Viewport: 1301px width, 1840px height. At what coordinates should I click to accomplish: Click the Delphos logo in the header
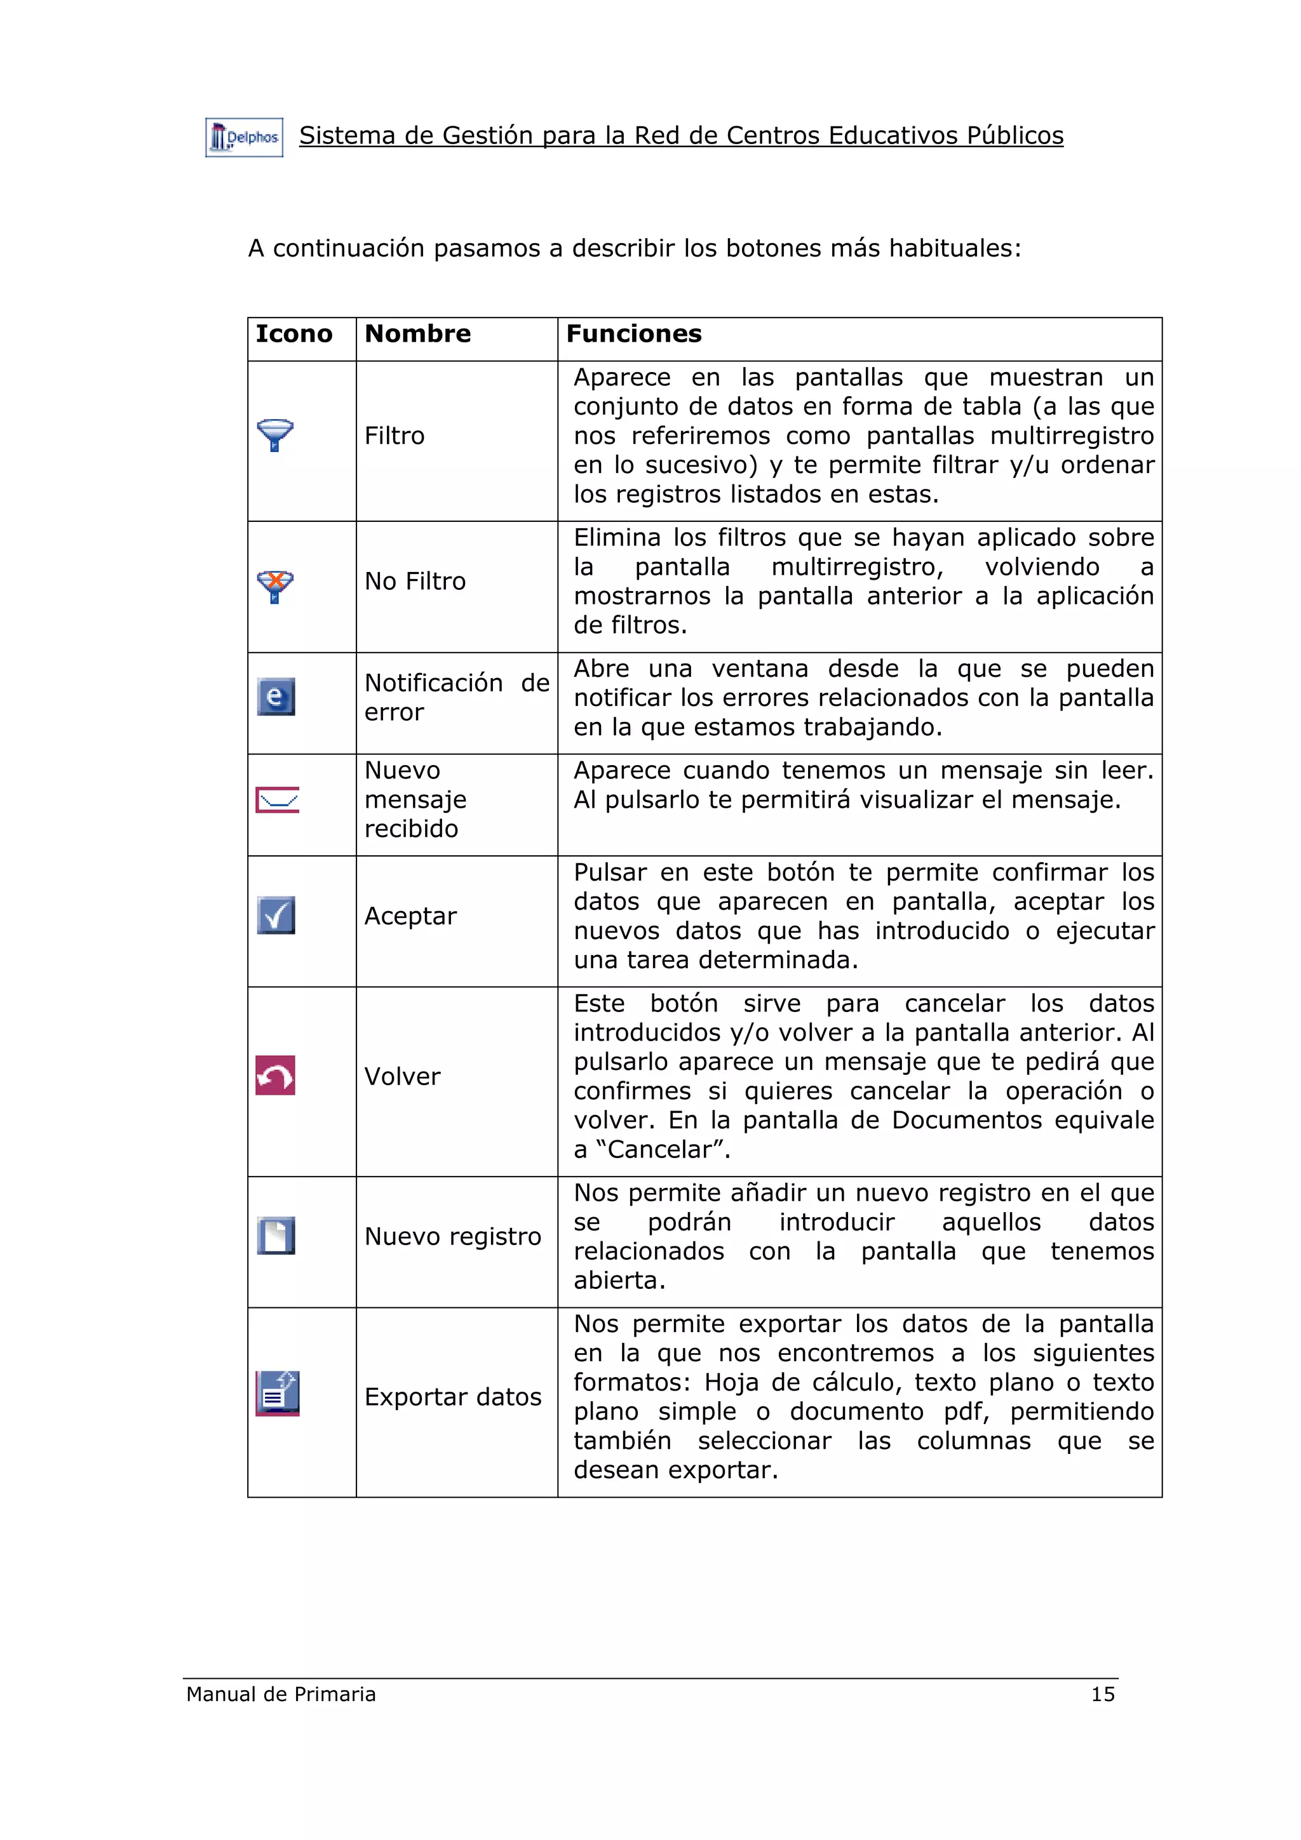tap(244, 138)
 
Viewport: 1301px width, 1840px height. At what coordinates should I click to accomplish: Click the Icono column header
tap(293, 333)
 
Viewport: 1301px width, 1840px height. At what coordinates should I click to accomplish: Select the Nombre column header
tap(417, 333)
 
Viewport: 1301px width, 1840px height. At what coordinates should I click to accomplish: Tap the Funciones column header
tap(633, 333)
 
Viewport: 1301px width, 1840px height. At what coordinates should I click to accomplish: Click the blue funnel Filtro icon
tap(275, 435)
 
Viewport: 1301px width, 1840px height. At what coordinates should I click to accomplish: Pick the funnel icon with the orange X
tap(275, 587)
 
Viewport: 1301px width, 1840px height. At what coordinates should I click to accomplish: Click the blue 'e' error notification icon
tap(276, 697)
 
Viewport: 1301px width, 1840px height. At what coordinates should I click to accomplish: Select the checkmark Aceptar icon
tap(276, 915)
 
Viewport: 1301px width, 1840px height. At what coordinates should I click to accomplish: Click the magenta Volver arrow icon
tap(275, 1076)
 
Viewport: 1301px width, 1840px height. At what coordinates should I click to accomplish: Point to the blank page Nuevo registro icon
tap(276, 1236)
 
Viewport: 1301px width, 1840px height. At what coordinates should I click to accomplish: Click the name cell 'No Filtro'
tap(414, 581)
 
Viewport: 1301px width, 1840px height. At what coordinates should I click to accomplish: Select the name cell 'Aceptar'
tap(410, 916)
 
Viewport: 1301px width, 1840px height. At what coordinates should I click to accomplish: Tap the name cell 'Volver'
tap(402, 1076)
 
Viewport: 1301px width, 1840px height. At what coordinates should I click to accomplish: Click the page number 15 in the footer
tap(1102, 1694)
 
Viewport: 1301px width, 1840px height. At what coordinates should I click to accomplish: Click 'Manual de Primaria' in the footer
tap(281, 1694)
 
